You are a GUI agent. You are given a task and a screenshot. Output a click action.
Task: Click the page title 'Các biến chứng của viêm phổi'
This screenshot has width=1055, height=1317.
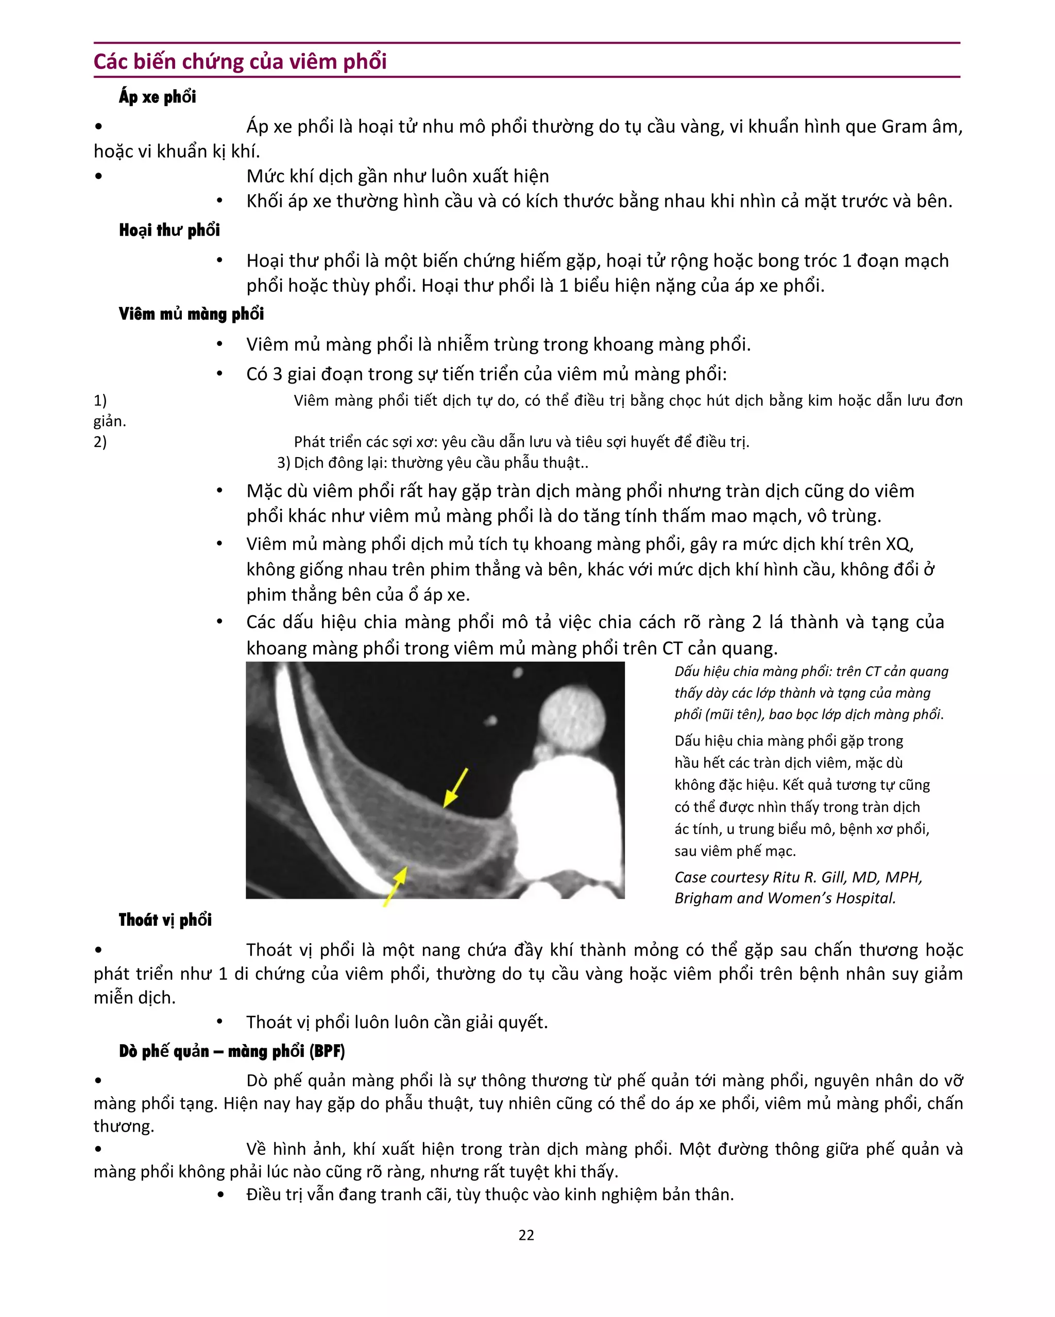click(x=240, y=62)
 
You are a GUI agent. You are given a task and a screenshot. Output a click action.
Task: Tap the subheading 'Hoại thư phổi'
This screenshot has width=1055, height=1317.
click(x=169, y=230)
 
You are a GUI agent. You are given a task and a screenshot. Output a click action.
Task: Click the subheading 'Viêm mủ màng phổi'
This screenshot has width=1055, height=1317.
click(x=191, y=314)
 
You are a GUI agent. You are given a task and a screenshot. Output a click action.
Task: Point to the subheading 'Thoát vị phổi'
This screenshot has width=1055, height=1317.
click(x=165, y=920)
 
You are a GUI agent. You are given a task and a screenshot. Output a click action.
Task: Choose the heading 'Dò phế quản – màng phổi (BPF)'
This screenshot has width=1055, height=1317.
click(x=232, y=1051)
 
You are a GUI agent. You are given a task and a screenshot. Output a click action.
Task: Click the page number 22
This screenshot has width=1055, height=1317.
click(x=526, y=1235)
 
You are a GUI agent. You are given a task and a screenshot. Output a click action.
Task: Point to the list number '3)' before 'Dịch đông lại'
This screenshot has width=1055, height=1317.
click(x=283, y=462)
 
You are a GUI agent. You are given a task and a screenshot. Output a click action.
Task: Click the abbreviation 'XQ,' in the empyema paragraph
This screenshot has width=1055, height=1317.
click(x=899, y=544)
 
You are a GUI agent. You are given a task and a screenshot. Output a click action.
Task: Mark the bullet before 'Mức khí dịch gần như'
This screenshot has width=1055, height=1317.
click(x=98, y=177)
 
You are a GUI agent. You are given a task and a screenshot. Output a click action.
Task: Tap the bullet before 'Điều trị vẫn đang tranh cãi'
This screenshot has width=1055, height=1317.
click(x=220, y=1195)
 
